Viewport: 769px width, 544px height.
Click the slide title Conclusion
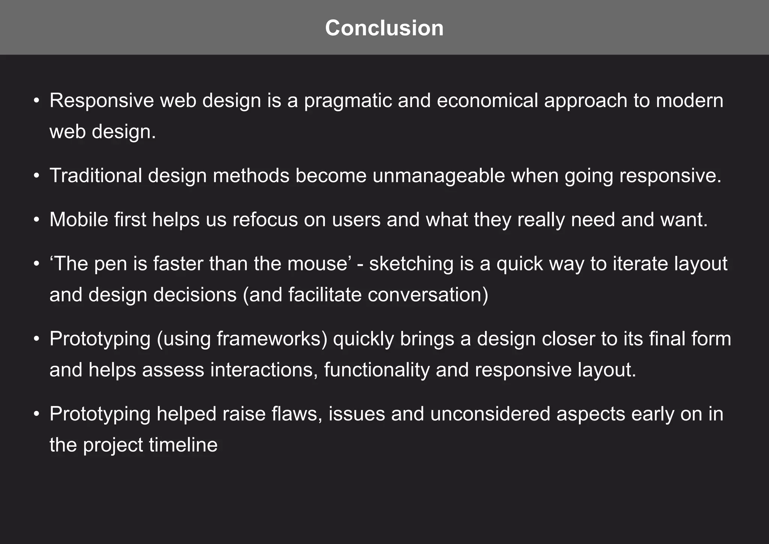384,28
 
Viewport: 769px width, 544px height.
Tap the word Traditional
96,175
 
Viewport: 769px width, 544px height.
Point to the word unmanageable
439,176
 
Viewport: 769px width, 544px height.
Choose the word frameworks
272,339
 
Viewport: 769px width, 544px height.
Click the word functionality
377,370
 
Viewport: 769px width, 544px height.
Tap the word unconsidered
490,414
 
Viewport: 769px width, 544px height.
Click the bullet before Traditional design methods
36,176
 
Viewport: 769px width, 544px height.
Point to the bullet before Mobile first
36,220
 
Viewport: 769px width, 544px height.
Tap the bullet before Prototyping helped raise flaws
36,414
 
